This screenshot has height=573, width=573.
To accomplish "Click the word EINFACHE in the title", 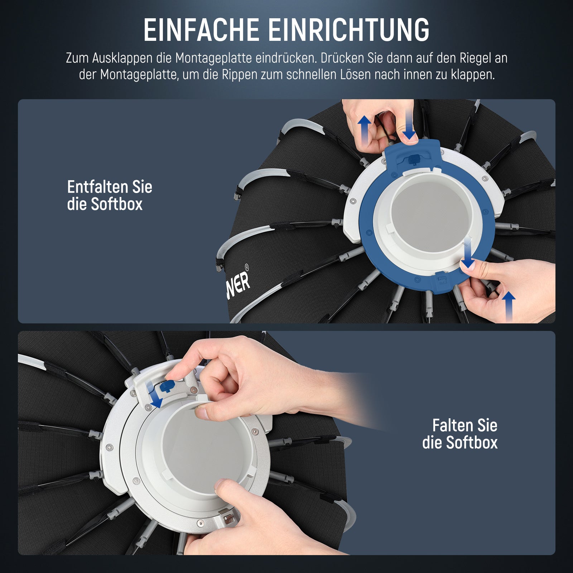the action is (201, 30).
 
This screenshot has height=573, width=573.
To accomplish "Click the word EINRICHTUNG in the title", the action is (348, 30).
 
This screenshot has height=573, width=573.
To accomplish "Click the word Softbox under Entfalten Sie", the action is (117, 204).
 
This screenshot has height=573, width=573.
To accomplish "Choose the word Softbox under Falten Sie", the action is (472, 443).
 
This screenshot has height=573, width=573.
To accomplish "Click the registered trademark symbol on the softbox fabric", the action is (246, 267).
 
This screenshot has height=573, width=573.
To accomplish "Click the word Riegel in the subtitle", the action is (473, 58).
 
